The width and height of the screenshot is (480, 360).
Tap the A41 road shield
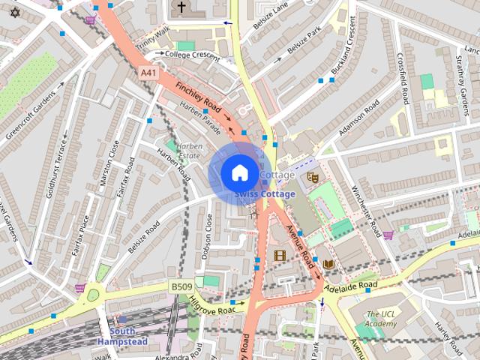[x=148, y=73]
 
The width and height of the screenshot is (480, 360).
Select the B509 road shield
[x=181, y=286]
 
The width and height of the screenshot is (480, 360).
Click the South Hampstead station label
[x=121, y=336]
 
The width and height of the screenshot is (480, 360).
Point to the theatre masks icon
[x=313, y=177]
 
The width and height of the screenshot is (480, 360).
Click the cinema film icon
[x=280, y=256]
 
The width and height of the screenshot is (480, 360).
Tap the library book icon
[x=328, y=264]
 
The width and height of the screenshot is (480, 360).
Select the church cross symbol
[x=180, y=7]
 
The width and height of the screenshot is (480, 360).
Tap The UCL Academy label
[x=381, y=319]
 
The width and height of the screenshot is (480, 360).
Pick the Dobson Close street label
[x=208, y=235]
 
